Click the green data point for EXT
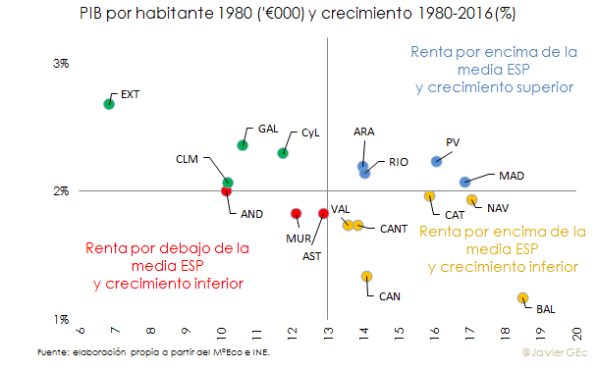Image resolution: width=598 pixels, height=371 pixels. [109, 103]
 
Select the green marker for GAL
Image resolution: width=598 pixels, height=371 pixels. [243, 145]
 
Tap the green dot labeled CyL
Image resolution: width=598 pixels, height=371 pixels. [283, 152]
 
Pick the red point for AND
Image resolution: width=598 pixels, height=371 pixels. [227, 191]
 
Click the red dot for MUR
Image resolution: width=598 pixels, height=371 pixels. [296, 213]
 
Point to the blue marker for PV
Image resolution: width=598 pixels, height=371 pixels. [436, 161]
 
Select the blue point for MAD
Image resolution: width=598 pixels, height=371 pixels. [465, 182]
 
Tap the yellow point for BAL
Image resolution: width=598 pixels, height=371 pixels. [522, 297]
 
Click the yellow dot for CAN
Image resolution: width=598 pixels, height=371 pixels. [366, 277]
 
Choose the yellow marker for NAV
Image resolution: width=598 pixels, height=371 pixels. [471, 200]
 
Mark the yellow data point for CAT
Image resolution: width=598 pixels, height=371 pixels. [429, 196]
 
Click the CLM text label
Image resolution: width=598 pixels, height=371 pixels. [188, 159]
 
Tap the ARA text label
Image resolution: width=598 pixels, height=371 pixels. [363, 132]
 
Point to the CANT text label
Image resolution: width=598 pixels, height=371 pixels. [393, 229]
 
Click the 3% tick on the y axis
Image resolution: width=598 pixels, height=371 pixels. [60, 63]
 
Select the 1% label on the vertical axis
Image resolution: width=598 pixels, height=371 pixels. [60, 319]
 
